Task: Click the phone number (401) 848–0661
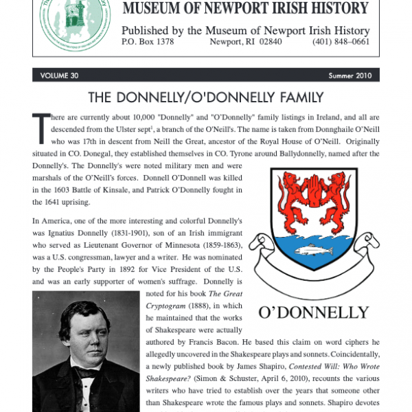tap(342, 41)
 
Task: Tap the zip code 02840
tap(279, 41)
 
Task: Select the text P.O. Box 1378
tap(148, 41)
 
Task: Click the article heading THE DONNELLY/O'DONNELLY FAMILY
tap(205, 98)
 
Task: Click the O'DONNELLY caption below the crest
tap(313, 312)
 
